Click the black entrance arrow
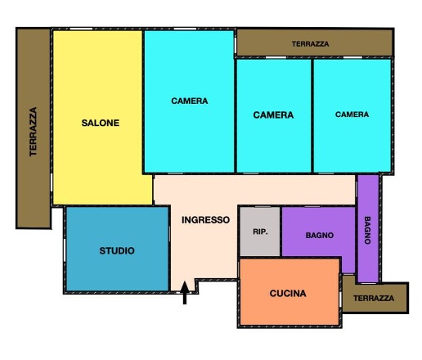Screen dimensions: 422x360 click(x=185, y=292)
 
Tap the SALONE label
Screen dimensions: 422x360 click(x=101, y=123)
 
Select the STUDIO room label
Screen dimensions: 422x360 click(x=117, y=250)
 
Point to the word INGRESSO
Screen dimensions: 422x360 click(x=205, y=220)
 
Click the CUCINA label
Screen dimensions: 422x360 click(x=288, y=294)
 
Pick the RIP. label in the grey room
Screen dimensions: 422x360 click(x=260, y=232)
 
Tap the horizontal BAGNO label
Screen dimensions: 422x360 click(x=320, y=236)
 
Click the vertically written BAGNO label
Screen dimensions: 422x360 click(x=367, y=230)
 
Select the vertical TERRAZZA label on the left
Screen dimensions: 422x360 click(x=34, y=132)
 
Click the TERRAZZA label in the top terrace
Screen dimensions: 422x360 click(x=310, y=44)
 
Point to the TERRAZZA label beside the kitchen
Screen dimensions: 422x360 click(x=374, y=299)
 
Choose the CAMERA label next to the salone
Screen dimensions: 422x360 click(x=190, y=101)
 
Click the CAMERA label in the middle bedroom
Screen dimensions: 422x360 click(x=273, y=115)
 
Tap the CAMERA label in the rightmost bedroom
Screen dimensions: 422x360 click(x=352, y=115)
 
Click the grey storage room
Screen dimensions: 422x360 click(x=260, y=232)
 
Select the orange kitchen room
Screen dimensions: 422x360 click(x=290, y=292)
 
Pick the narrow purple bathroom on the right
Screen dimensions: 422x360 click(x=368, y=228)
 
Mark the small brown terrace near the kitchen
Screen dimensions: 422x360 click(x=375, y=297)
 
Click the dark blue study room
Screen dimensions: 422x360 click(x=117, y=249)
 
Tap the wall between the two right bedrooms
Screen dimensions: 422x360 click(x=312, y=116)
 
